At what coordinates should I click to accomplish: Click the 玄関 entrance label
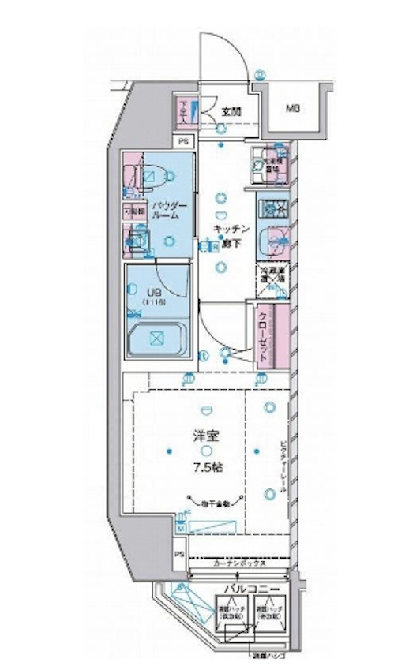pyautogui.click(x=231, y=110)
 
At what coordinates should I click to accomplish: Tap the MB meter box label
pyautogui.click(x=292, y=108)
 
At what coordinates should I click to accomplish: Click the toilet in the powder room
pyautogui.click(x=150, y=174)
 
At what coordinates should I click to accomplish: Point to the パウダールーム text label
pyautogui.click(x=169, y=210)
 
